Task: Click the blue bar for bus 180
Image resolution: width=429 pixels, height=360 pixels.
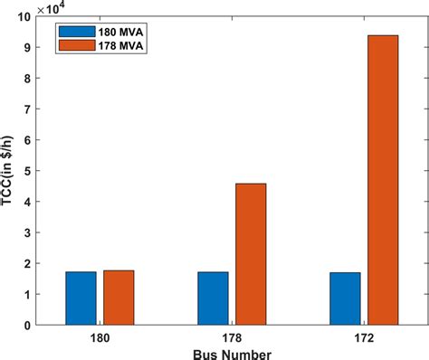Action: point(81,298)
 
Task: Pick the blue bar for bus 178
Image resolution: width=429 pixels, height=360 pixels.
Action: point(213,298)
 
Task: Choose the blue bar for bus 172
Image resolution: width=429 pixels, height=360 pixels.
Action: point(345,298)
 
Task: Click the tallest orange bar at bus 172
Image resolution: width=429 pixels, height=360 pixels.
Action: point(382,180)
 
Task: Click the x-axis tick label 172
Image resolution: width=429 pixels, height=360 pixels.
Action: point(364,336)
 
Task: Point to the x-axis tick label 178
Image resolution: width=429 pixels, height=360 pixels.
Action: point(232,336)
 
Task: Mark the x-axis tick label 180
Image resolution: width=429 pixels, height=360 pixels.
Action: point(100,336)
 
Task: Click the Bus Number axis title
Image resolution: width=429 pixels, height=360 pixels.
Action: point(232,352)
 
